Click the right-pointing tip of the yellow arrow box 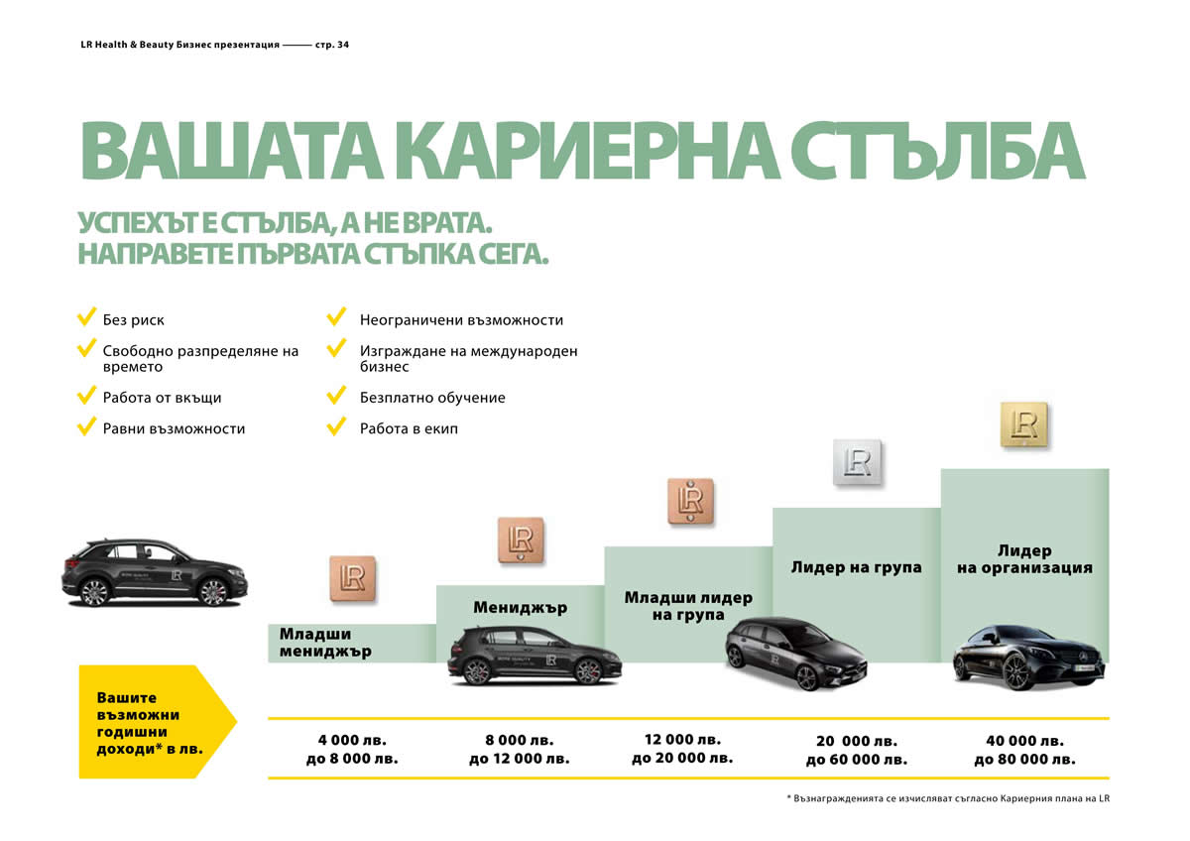[237, 721]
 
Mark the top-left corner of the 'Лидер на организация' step [941, 469]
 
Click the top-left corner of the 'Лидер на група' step [773, 509]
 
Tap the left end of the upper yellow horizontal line [269, 718]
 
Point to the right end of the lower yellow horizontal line [1110, 778]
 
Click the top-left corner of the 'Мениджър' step [436, 586]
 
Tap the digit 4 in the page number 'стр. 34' [346, 45]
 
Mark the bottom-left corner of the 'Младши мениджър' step [269, 662]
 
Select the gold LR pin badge [1024, 425]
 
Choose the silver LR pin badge [857, 462]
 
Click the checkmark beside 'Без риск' [86, 316]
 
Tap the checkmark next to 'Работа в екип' [336, 426]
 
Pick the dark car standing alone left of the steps [155, 572]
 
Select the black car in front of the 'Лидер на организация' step [1029, 659]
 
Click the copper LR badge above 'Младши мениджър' [353, 578]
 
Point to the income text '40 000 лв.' [1024, 741]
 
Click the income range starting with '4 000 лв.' [352, 749]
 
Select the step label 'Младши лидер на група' [688, 606]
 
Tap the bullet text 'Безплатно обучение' [432, 398]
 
